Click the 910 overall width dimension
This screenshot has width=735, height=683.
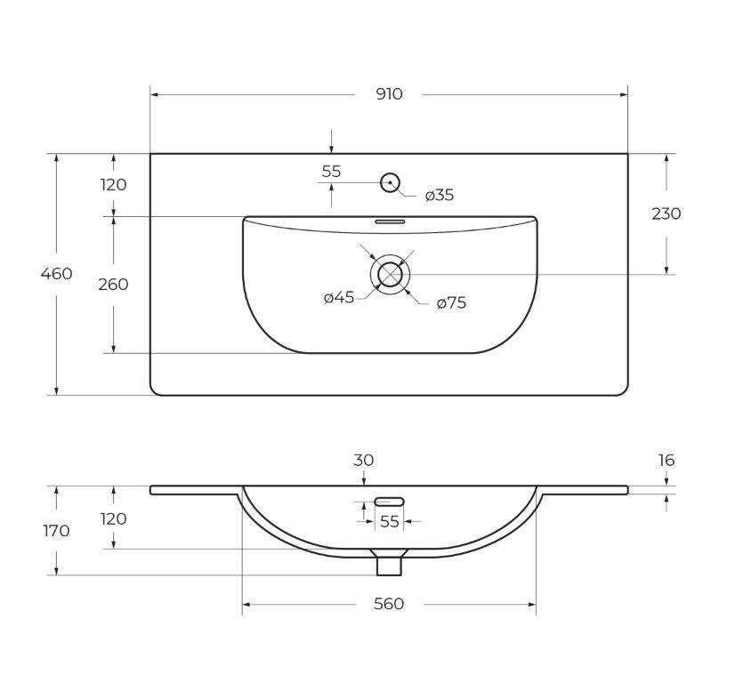point(389,94)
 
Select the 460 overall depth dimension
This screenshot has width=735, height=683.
point(56,273)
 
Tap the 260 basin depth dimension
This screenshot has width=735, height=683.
point(113,285)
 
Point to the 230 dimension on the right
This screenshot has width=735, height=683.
point(666,213)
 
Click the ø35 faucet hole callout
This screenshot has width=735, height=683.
point(440,195)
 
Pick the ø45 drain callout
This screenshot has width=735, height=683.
point(339,297)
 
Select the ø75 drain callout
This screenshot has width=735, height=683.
point(451,302)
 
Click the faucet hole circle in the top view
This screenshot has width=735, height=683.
point(390,182)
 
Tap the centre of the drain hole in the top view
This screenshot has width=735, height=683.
point(390,275)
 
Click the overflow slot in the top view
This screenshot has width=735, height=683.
point(390,221)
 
